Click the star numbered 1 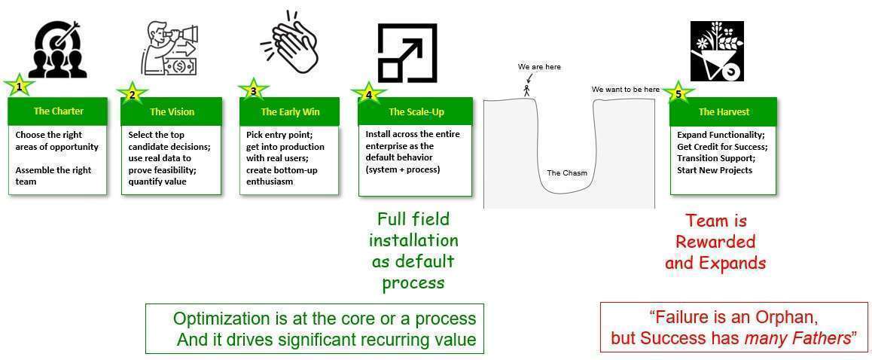point(20,87)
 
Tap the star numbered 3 point(254,90)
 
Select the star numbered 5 point(678,93)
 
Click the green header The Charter point(59,111)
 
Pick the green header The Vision point(172,111)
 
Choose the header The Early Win point(290,111)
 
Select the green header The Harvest point(724,111)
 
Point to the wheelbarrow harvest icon point(717,51)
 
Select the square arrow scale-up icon point(407,53)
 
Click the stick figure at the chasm point(526,90)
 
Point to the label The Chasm point(567,173)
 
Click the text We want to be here point(626,89)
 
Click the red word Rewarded point(715,242)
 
